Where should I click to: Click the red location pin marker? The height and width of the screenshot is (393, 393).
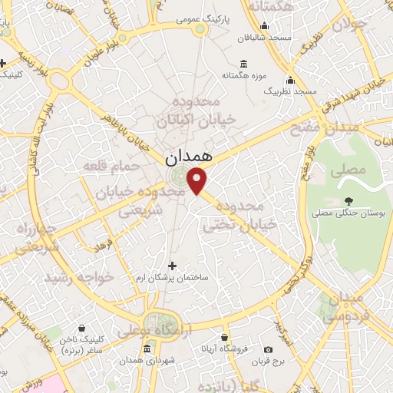click(x=198, y=180)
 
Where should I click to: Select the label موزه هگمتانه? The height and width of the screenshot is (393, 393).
click(x=243, y=76)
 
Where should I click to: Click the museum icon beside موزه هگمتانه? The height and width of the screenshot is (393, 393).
click(x=243, y=64)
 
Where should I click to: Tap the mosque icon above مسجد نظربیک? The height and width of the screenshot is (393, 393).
click(x=290, y=80)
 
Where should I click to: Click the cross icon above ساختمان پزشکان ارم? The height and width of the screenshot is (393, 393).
click(x=171, y=265)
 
